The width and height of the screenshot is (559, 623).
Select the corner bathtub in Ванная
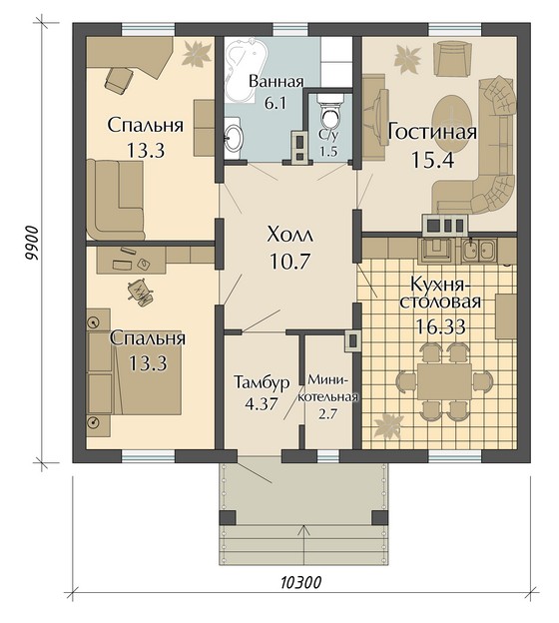pyautogui.click(x=243, y=71)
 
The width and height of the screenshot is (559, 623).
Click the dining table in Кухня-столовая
pyautogui.click(x=444, y=381)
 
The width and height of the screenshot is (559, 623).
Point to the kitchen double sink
pyautogui.click(x=479, y=251)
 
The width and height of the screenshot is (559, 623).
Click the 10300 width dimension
pyautogui.click(x=300, y=583)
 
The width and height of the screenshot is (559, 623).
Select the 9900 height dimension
pyautogui.click(x=31, y=244)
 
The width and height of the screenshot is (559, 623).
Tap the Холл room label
pyautogui.click(x=290, y=235)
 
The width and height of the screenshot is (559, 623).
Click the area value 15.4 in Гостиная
pyautogui.click(x=432, y=160)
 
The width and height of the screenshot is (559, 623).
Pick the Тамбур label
pyautogui.click(x=262, y=382)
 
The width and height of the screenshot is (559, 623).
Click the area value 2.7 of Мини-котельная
pyautogui.click(x=327, y=414)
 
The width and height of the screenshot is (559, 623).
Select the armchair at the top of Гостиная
pyautogui.click(x=453, y=58)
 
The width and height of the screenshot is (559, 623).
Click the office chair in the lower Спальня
pyautogui.click(x=140, y=292)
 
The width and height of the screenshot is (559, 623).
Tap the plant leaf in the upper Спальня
pyautogui.click(x=197, y=53)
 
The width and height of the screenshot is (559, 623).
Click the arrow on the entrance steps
pyautogui.click(x=304, y=544)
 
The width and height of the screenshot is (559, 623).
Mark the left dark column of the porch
pyautogui.click(x=228, y=518)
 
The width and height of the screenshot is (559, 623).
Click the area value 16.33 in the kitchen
pyautogui.click(x=440, y=327)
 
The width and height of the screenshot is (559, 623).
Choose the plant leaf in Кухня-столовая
pyautogui.click(x=387, y=426)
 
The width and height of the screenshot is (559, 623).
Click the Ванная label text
pyautogui.click(x=276, y=81)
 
